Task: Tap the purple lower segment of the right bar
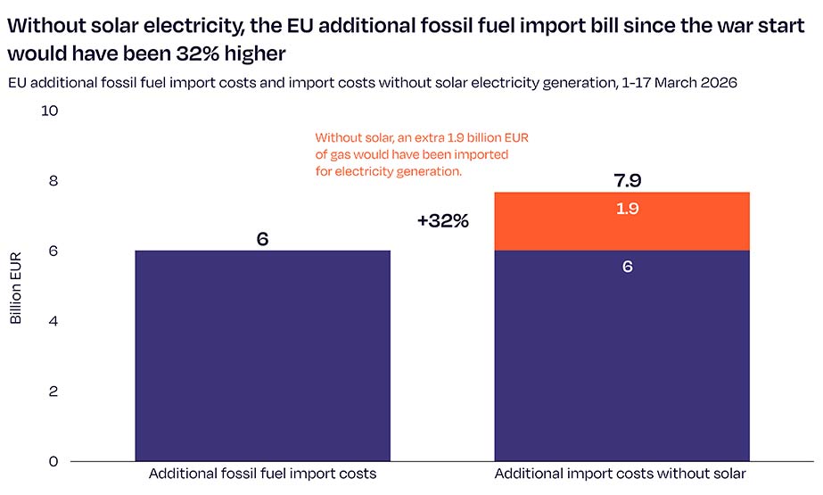[x=621, y=357]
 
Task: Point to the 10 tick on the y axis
[x=50, y=111]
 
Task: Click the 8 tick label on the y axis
[x=53, y=181]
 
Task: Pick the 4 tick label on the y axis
[x=53, y=321]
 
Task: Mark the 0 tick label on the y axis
[x=53, y=461]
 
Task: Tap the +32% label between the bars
[x=442, y=221]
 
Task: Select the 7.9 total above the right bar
[x=627, y=180]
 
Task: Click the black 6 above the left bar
[x=262, y=239]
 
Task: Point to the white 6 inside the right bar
[x=628, y=267]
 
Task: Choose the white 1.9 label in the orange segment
[x=627, y=209]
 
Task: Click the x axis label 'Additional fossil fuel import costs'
[x=262, y=474]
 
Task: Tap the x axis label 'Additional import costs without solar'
[x=621, y=474]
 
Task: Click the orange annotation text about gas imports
[x=422, y=154]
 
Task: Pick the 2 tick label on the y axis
[x=53, y=392]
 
